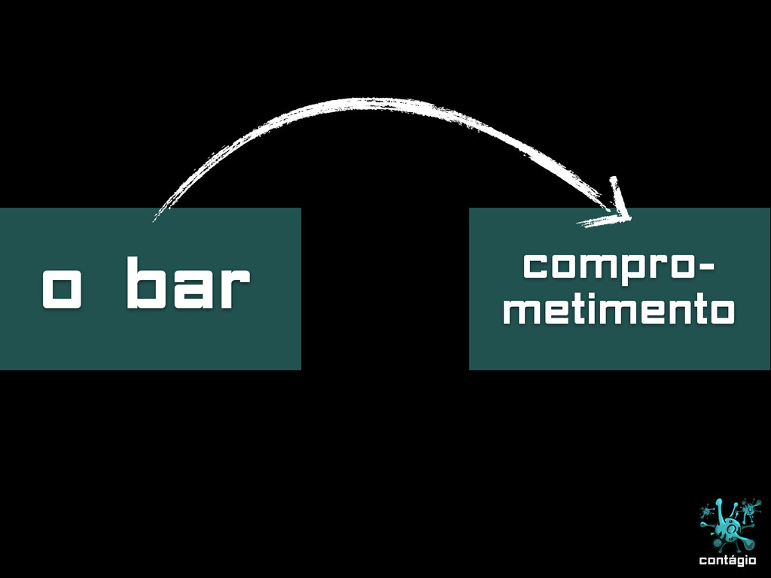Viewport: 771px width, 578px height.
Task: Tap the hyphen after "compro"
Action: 707,266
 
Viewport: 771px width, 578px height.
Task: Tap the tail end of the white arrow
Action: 156,218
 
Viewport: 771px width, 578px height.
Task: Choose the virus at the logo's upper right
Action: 749,510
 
